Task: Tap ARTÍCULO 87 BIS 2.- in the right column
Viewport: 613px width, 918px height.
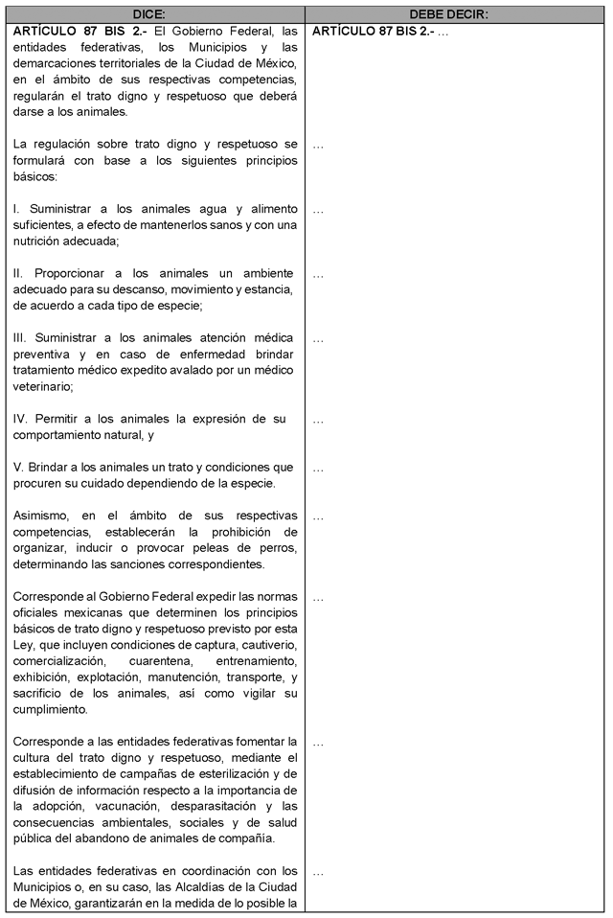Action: [373, 31]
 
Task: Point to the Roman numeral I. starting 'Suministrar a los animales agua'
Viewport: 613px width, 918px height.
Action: [16, 208]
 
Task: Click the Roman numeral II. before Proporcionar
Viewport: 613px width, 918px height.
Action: [18, 273]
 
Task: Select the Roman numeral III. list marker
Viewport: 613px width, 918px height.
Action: [20, 338]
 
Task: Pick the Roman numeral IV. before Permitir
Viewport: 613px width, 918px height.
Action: [21, 419]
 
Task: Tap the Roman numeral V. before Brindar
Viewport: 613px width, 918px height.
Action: [18, 468]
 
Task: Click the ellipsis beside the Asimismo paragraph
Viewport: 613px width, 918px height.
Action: [318, 516]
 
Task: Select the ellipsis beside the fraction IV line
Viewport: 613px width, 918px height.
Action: [318, 420]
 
